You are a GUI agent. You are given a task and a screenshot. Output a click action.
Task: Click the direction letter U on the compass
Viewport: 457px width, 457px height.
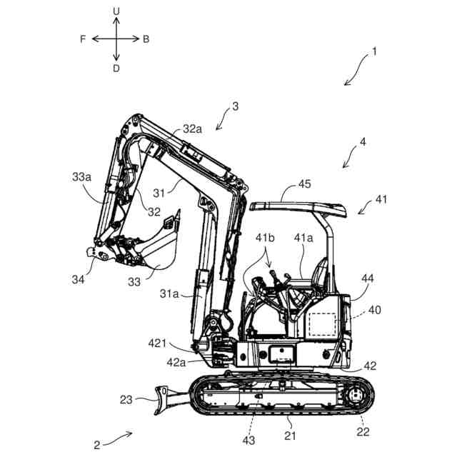click(116, 11)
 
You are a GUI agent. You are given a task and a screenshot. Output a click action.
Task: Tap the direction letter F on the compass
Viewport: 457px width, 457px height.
click(84, 39)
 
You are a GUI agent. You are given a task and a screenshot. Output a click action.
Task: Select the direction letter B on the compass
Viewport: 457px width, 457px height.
click(146, 39)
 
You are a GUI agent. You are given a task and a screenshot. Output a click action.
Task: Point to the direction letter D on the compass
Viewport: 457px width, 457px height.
click(116, 68)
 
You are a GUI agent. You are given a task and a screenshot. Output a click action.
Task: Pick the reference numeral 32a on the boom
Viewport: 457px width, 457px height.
click(192, 129)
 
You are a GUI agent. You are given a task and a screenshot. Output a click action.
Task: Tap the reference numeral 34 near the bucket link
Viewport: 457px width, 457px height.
click(78, 279)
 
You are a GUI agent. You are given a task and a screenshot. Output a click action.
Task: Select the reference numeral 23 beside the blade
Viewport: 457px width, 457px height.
click(126, 400)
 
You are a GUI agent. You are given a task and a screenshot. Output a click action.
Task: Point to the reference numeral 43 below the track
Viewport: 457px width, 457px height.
click(248, 441)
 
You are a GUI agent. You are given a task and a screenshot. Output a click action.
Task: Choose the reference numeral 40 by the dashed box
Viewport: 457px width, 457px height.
click(374, 311)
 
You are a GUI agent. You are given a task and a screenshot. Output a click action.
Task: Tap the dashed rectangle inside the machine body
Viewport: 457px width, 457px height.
click(322, 325)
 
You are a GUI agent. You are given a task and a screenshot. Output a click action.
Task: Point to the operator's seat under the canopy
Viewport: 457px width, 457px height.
click(318, 275)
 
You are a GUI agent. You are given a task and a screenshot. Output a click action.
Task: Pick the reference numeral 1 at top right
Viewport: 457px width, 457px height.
click(374, 52)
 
